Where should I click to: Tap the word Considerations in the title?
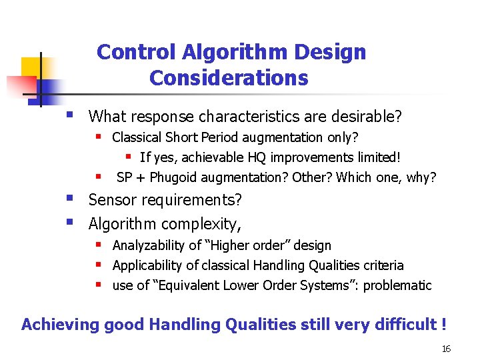(x=229, y=78)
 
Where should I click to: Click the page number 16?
(x=446, y=349)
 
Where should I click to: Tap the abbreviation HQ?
(x=260, y=157)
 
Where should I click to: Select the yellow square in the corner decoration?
(x=31, y=67)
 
